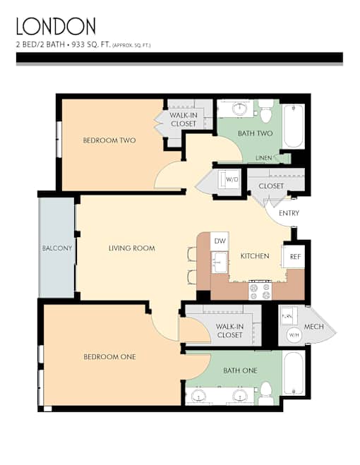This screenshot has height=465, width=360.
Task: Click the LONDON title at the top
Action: [x=56, y=26]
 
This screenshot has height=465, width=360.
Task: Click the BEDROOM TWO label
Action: [x=109, y=140]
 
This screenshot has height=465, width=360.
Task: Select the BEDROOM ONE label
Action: [x=109, y=357]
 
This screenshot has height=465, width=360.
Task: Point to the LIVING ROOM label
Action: [x=132, y=248]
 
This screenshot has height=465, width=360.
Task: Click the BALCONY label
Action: [x=57, y=248]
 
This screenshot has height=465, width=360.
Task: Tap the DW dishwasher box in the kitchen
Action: [x=220, y=241]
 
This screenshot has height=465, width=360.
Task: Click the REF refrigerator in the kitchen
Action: [x=294, y=257]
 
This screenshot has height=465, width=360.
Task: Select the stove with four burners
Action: [x=260, y=291]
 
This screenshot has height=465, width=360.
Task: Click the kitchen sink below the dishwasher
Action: [x=220, y=262]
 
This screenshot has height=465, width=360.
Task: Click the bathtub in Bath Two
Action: [x=293, y=126]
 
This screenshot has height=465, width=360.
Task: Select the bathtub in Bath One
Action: [x=294, y=373]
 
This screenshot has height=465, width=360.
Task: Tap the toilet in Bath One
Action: [x=266, y=393]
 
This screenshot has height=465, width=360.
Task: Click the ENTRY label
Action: [x=289, y=213]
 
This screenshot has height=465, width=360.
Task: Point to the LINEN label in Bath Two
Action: [x=263, y=158]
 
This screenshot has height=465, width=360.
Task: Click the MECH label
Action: [x=313, y=327]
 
